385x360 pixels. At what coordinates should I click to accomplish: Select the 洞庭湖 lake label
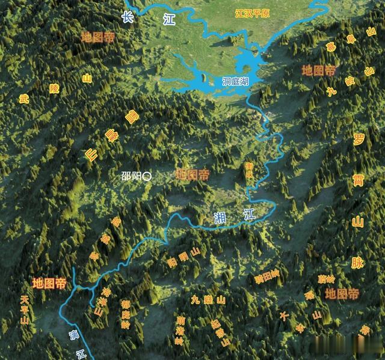[236, 81]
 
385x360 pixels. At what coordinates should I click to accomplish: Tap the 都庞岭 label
[125, 313]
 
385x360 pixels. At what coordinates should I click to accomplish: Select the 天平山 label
[24, 310]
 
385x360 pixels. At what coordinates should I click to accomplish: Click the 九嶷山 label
[208, 299]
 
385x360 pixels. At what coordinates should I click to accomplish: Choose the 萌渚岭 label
[179, 329]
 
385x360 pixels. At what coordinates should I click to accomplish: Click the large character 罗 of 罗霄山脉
[359, 140]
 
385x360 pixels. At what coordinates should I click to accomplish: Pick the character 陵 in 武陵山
[54, 88]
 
